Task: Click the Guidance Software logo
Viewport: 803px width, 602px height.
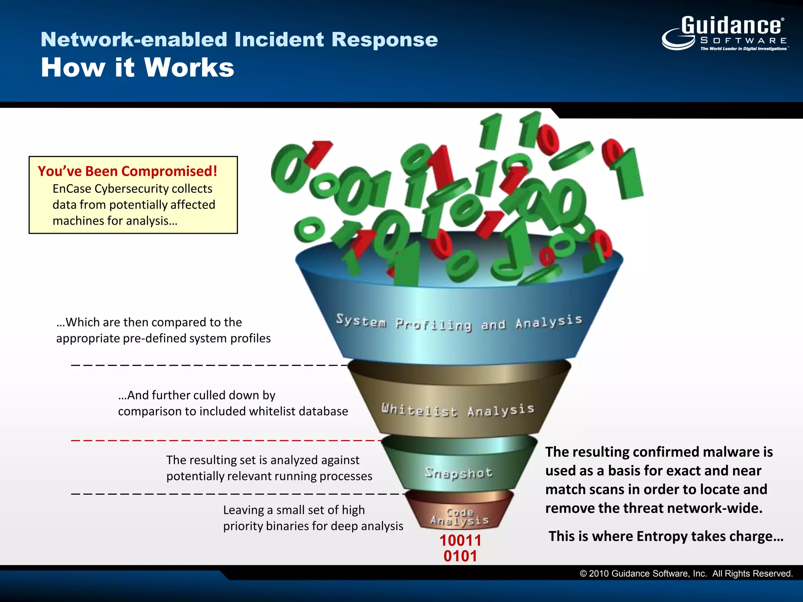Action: coord(725,33)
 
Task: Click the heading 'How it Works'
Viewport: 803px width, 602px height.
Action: coord(137,68)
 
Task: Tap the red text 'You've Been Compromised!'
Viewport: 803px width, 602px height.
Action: coord(127,171)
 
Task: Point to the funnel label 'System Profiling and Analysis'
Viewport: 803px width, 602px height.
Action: coord(459,323)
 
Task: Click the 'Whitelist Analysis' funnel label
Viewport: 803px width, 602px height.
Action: coord(458,410)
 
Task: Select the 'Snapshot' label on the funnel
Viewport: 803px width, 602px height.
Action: coord(459,473)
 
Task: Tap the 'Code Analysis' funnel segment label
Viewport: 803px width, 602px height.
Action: coord(460,517)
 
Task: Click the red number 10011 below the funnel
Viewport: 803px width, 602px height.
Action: coord(460,540)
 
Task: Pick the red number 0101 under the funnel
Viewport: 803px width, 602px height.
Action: coord(460,556)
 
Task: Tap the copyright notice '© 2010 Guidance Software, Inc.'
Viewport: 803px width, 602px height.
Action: coord(643,573)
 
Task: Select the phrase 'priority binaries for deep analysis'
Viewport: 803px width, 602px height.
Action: coord(313,526)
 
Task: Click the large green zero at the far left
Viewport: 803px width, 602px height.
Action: coord(289,169)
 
